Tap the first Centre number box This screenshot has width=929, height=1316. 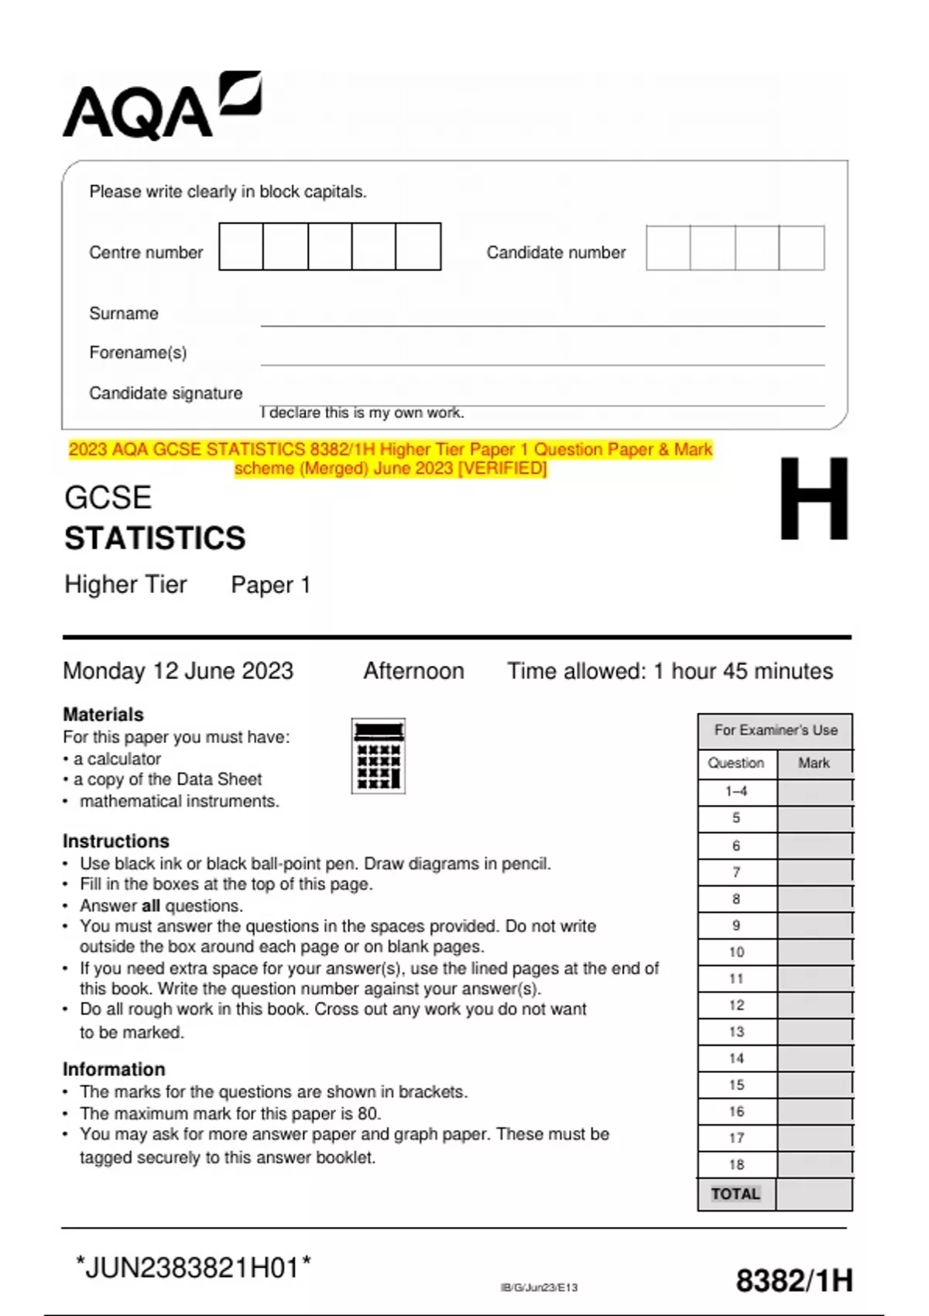(241, 247)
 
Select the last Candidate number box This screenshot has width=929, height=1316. (801, 248)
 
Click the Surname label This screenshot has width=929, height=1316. (124, 314)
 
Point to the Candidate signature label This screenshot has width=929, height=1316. (166, 393)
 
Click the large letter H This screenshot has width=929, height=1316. (813, 499)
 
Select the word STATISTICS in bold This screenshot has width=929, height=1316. (155, 539)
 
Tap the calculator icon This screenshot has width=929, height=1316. (378, 756)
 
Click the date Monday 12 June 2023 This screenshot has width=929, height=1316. (178, 670)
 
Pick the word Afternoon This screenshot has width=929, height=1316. (413, 670)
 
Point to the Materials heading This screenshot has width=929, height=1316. (103, 715)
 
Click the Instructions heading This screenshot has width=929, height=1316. (115, 841)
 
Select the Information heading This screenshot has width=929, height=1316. (114, 1069)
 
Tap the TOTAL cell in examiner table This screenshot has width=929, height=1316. (735, 1194)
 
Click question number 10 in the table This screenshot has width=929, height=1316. (736, 952)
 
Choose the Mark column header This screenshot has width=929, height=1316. (814, 763)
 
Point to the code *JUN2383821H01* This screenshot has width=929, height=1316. (194, 1268)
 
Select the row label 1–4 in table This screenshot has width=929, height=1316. (736, 791)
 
